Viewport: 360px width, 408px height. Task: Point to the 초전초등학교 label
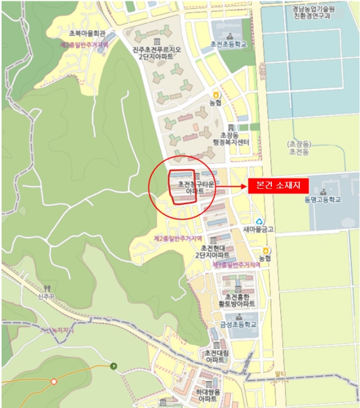click(228, 44)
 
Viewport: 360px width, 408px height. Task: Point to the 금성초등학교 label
click(238, 325)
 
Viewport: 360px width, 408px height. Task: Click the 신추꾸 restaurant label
click(47, 296)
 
